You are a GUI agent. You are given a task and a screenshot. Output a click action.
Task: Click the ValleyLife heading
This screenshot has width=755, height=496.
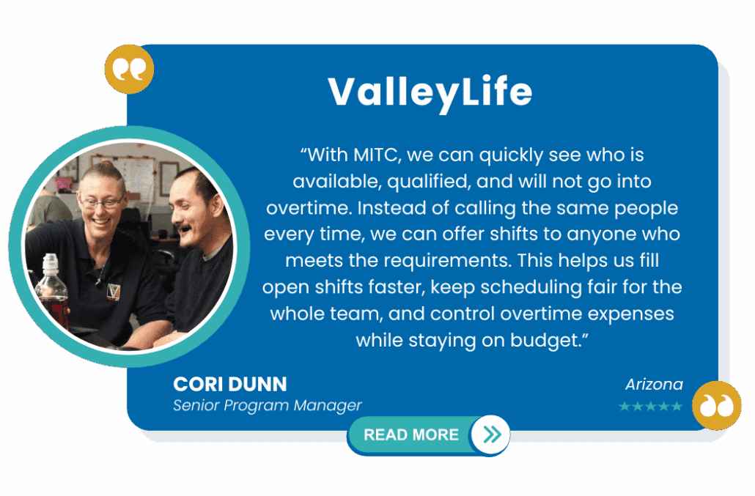coord(430,92)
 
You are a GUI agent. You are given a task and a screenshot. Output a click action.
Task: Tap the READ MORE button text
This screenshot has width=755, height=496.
coord(410,435)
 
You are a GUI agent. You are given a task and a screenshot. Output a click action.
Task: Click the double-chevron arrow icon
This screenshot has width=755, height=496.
coord(492,434)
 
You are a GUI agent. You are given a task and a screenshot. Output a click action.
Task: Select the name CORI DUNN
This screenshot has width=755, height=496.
coord(229,385)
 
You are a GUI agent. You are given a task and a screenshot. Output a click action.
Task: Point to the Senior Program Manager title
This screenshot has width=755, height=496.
coord(268,406)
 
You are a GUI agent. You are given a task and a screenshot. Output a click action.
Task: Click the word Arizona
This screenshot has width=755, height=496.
coord(654,385)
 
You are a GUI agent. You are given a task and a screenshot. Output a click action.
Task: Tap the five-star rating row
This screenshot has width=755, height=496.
coord(650,407)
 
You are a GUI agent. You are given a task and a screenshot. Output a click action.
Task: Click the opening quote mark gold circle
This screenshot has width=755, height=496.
coord(129,70)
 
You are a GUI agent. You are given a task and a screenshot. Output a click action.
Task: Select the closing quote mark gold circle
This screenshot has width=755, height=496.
coord(716,406)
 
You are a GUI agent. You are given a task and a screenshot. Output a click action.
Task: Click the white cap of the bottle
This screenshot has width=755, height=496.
coord(50,262)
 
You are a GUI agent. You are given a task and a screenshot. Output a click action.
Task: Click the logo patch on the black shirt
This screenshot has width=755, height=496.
coord(113,291)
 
